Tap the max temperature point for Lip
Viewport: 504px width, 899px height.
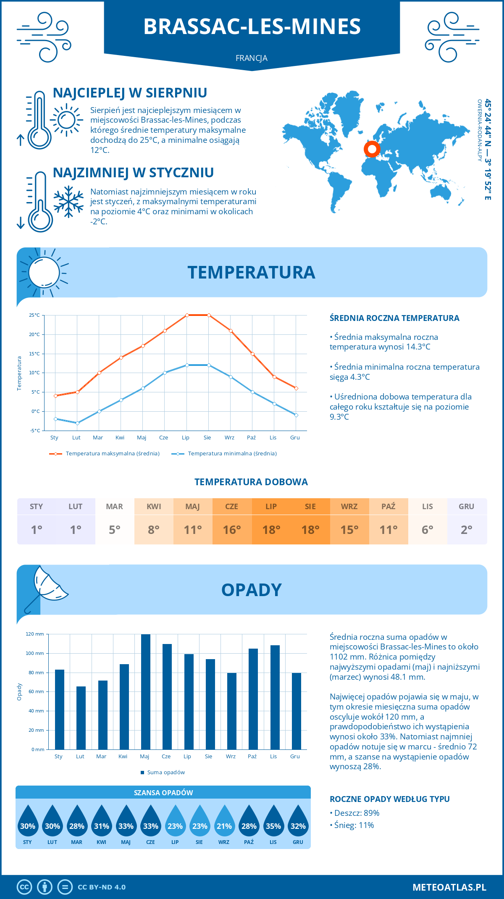[187, 315]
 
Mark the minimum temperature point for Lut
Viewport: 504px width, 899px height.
[77, 423]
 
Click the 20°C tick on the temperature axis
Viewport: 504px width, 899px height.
[34, 334]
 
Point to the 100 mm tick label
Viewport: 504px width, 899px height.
[35, 653]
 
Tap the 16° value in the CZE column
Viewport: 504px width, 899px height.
[232, 530]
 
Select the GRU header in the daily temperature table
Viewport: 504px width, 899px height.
[466, 506]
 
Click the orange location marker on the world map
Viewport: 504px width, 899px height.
[372, 148]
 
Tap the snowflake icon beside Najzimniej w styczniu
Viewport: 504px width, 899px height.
[68, 202]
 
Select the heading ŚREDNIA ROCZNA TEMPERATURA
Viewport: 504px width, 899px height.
[394, 318]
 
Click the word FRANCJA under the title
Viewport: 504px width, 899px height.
[252, 58]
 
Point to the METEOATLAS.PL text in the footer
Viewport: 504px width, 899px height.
[449, 887]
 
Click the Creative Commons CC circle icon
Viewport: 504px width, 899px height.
[24, 887]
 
